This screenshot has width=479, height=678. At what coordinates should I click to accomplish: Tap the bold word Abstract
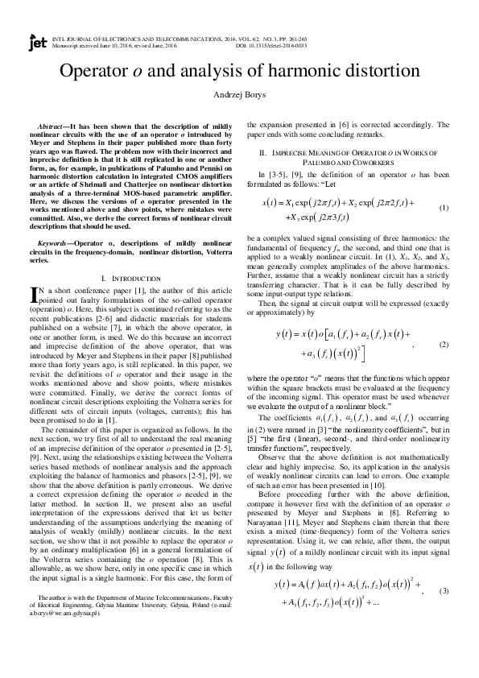52,127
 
